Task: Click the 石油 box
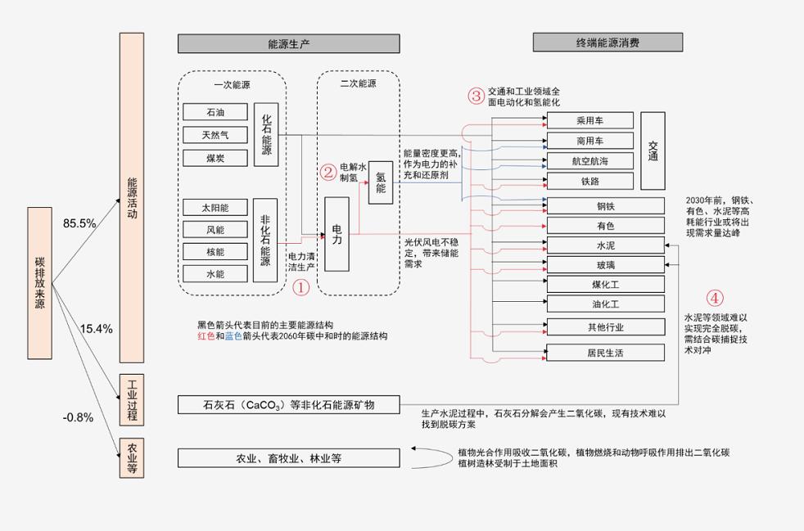pos(215,112)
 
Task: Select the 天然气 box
pos(215,135)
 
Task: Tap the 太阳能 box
pos(215,208)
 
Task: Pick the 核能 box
pos(215,252)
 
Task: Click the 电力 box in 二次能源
pos(337,234)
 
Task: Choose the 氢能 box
pos(381,182)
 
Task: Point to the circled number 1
pos(300,287)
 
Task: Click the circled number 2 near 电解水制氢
pos(327,172)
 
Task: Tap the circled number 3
pos(477,96)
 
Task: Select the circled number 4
pos(715,298)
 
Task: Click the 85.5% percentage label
pos(79,223)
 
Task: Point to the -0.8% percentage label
pos(78,417)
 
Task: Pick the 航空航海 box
pos(589,160)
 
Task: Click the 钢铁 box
pos(605,206)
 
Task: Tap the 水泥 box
pos(605,245)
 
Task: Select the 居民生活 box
pos(605,353)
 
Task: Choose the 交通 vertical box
pos(653,150)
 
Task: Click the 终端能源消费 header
pos(608,42)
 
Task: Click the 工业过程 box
pos(131,400)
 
